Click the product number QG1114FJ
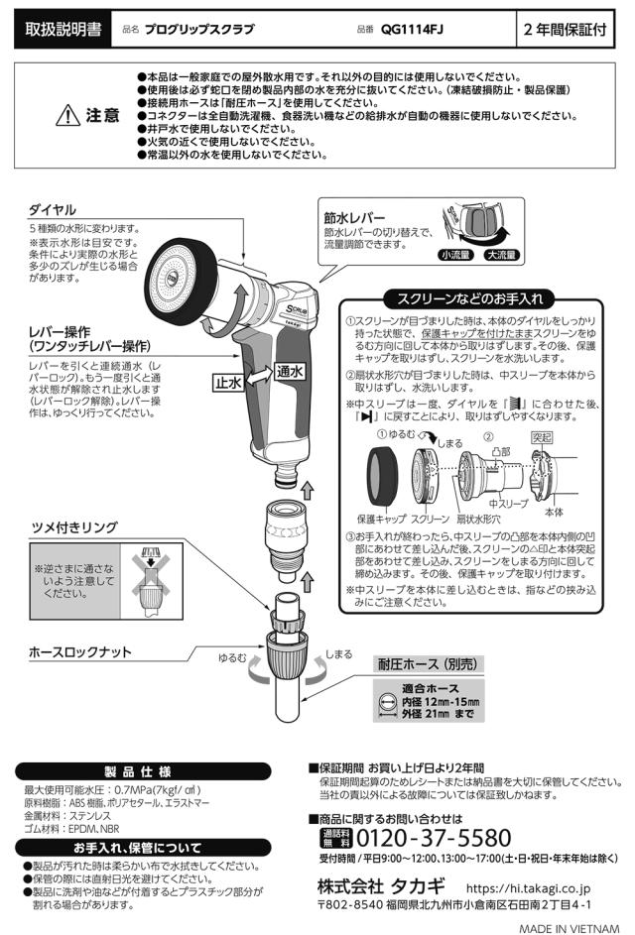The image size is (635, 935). point(411,30)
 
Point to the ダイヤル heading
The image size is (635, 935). point(53,211)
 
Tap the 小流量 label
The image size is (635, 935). point(456,256)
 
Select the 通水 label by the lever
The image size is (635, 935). point(290,370)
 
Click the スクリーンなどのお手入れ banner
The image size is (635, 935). point(469,297)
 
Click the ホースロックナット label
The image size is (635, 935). point(80,651)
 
